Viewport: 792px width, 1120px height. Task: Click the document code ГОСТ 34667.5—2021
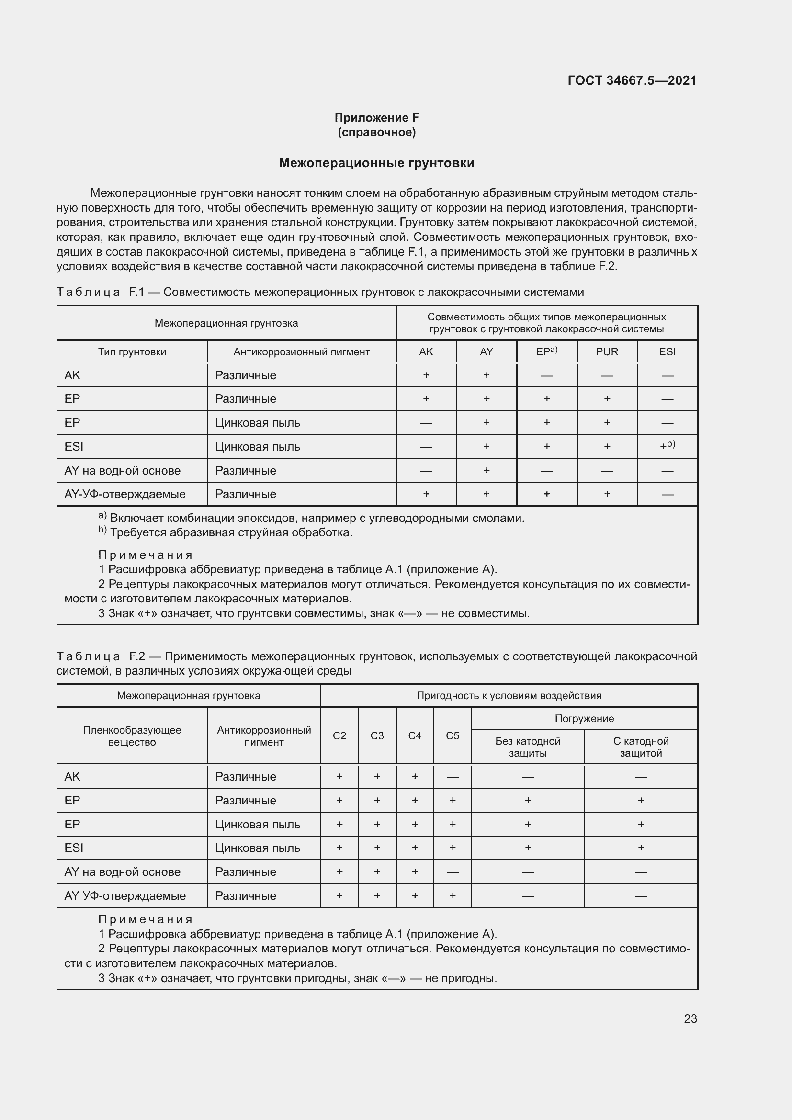pos(632,80)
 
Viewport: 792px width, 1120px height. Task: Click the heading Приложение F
pos(376,118)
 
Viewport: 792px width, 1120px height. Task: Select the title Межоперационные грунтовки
pos(376,163)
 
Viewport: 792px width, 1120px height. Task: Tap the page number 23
pos(690,1018)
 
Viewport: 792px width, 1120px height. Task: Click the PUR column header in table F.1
pos(607,352)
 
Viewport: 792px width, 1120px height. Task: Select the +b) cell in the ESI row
pos(667,446)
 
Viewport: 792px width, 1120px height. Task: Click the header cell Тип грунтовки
pos(132,352)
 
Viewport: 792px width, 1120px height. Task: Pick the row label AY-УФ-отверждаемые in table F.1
pos(125,494)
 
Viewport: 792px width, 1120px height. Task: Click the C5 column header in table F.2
pos(452,735)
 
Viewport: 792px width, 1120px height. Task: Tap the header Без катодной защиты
pos(528,747)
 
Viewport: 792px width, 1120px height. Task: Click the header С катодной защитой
pos(641,747)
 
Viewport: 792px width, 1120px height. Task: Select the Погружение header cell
pos(584,719)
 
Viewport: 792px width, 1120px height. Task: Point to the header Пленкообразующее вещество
pos(132,735)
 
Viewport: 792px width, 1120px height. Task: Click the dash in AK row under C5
pos(452,777)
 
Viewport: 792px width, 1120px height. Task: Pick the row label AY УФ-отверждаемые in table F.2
pos(125,895)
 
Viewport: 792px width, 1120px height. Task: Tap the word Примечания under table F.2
pos(146,919)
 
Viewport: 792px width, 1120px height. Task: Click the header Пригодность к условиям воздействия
pos(509,696)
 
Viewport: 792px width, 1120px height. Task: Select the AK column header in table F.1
pos(426,352)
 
